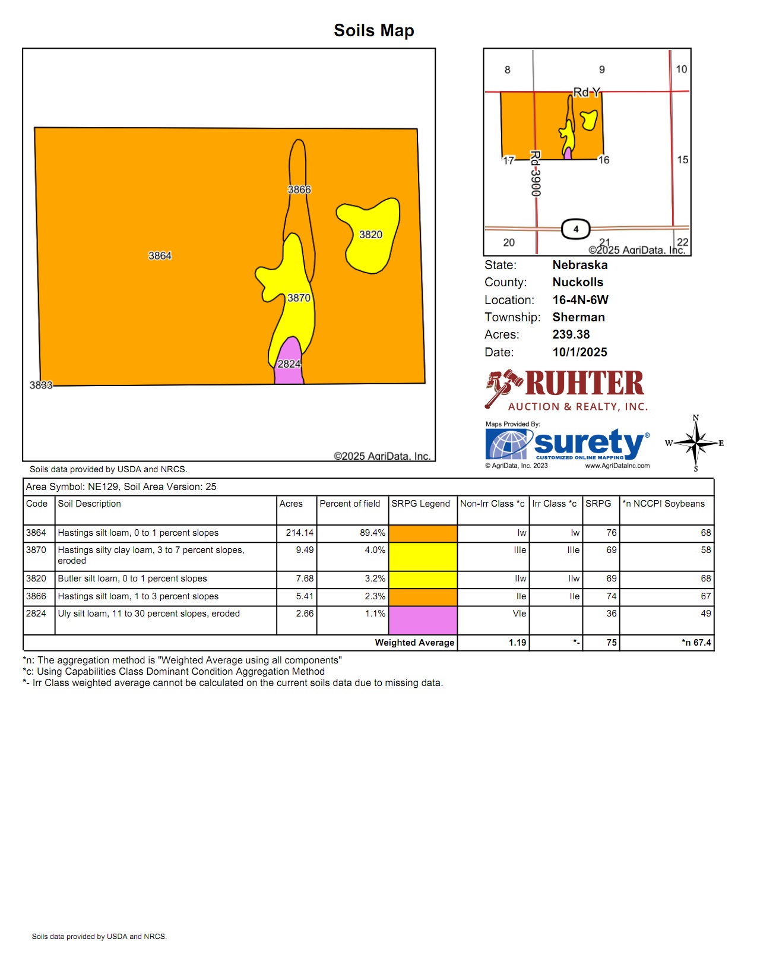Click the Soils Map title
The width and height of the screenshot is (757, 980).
tap(374, 30)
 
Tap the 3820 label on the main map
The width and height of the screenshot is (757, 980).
tap(370, 235)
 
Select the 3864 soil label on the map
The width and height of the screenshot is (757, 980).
tap(160, 256)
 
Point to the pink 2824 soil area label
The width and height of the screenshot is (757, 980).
tap(289, 364)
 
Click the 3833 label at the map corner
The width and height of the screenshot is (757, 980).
tap(41, 385)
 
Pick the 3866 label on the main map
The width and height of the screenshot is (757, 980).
tap(299, 189)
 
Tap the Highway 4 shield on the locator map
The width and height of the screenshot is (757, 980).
tap(575, 229)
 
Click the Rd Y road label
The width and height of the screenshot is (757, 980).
tap(587, 92)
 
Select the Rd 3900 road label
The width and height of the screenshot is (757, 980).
tap(536, 173)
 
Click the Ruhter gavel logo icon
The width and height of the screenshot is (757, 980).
tap(503, 388)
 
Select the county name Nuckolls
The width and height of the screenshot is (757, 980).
tap(578, 282)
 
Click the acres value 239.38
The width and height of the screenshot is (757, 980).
tap(571, 334)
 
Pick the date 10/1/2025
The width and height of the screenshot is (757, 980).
tap(579, 352)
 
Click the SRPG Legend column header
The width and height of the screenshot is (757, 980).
tap(420, 504)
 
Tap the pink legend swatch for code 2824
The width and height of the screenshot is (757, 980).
tap(423, 620)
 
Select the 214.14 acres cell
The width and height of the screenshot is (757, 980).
tap(299, 533)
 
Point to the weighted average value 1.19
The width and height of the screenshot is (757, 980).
tap(517, 643)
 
